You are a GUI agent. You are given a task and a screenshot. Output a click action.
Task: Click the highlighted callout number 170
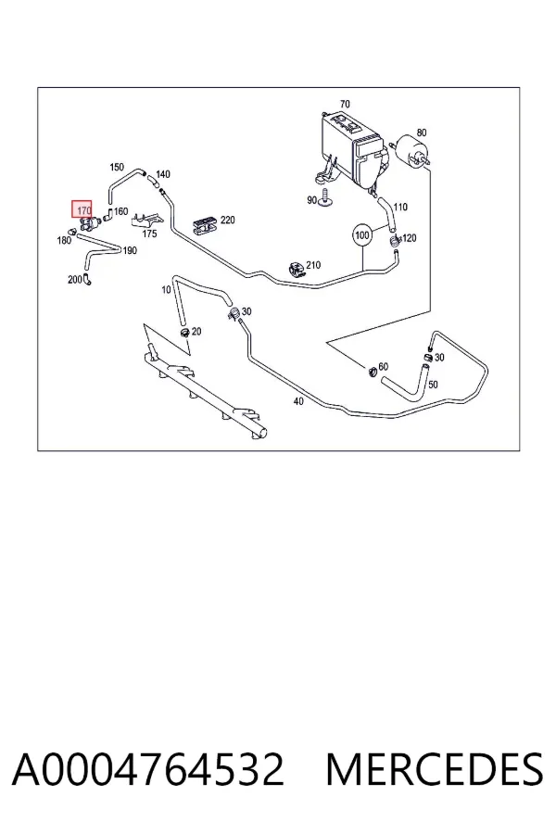(82, 209)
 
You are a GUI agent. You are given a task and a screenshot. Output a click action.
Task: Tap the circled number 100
(362, 235)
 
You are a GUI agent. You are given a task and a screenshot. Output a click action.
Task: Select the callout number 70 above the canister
(345, 104)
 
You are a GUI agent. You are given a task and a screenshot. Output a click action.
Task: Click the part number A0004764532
(148, 769)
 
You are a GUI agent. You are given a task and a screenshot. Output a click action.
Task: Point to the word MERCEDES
(435, 769)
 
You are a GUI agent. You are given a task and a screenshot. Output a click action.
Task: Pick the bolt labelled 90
(325, 198)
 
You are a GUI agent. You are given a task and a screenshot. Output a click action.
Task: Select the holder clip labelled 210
(297, 269)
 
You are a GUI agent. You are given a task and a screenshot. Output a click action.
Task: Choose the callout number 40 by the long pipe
(298, 401)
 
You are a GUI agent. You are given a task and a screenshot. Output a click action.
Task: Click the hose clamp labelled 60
(373, 370)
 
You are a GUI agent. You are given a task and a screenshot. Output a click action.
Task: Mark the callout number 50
(433, 384)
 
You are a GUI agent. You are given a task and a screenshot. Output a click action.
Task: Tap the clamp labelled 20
(184, 333)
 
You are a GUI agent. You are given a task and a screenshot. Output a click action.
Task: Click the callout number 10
(166, 290)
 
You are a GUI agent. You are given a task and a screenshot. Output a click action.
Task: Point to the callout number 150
(117, 167)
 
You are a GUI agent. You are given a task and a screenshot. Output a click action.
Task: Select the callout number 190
(130, 250)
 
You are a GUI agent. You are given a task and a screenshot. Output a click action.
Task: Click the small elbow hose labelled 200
(86, 279)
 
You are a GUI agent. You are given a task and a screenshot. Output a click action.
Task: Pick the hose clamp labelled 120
(395, 241)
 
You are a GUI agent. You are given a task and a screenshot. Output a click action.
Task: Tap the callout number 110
(400, 207)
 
